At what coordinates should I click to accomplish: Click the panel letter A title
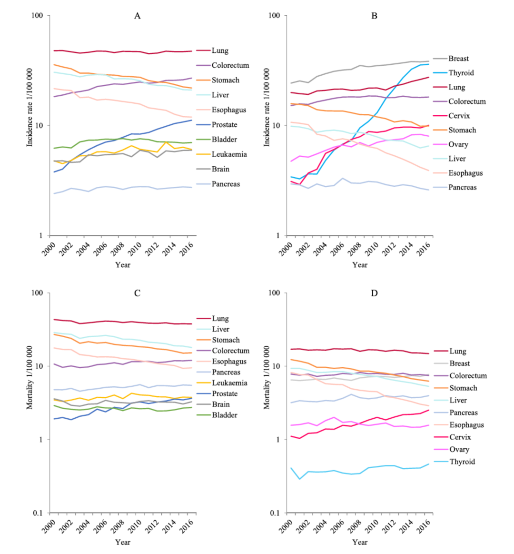137,16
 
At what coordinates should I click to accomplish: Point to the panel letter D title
374,293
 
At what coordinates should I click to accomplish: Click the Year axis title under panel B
360,265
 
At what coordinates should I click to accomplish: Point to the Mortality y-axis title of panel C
30,378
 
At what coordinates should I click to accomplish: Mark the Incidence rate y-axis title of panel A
30,107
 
